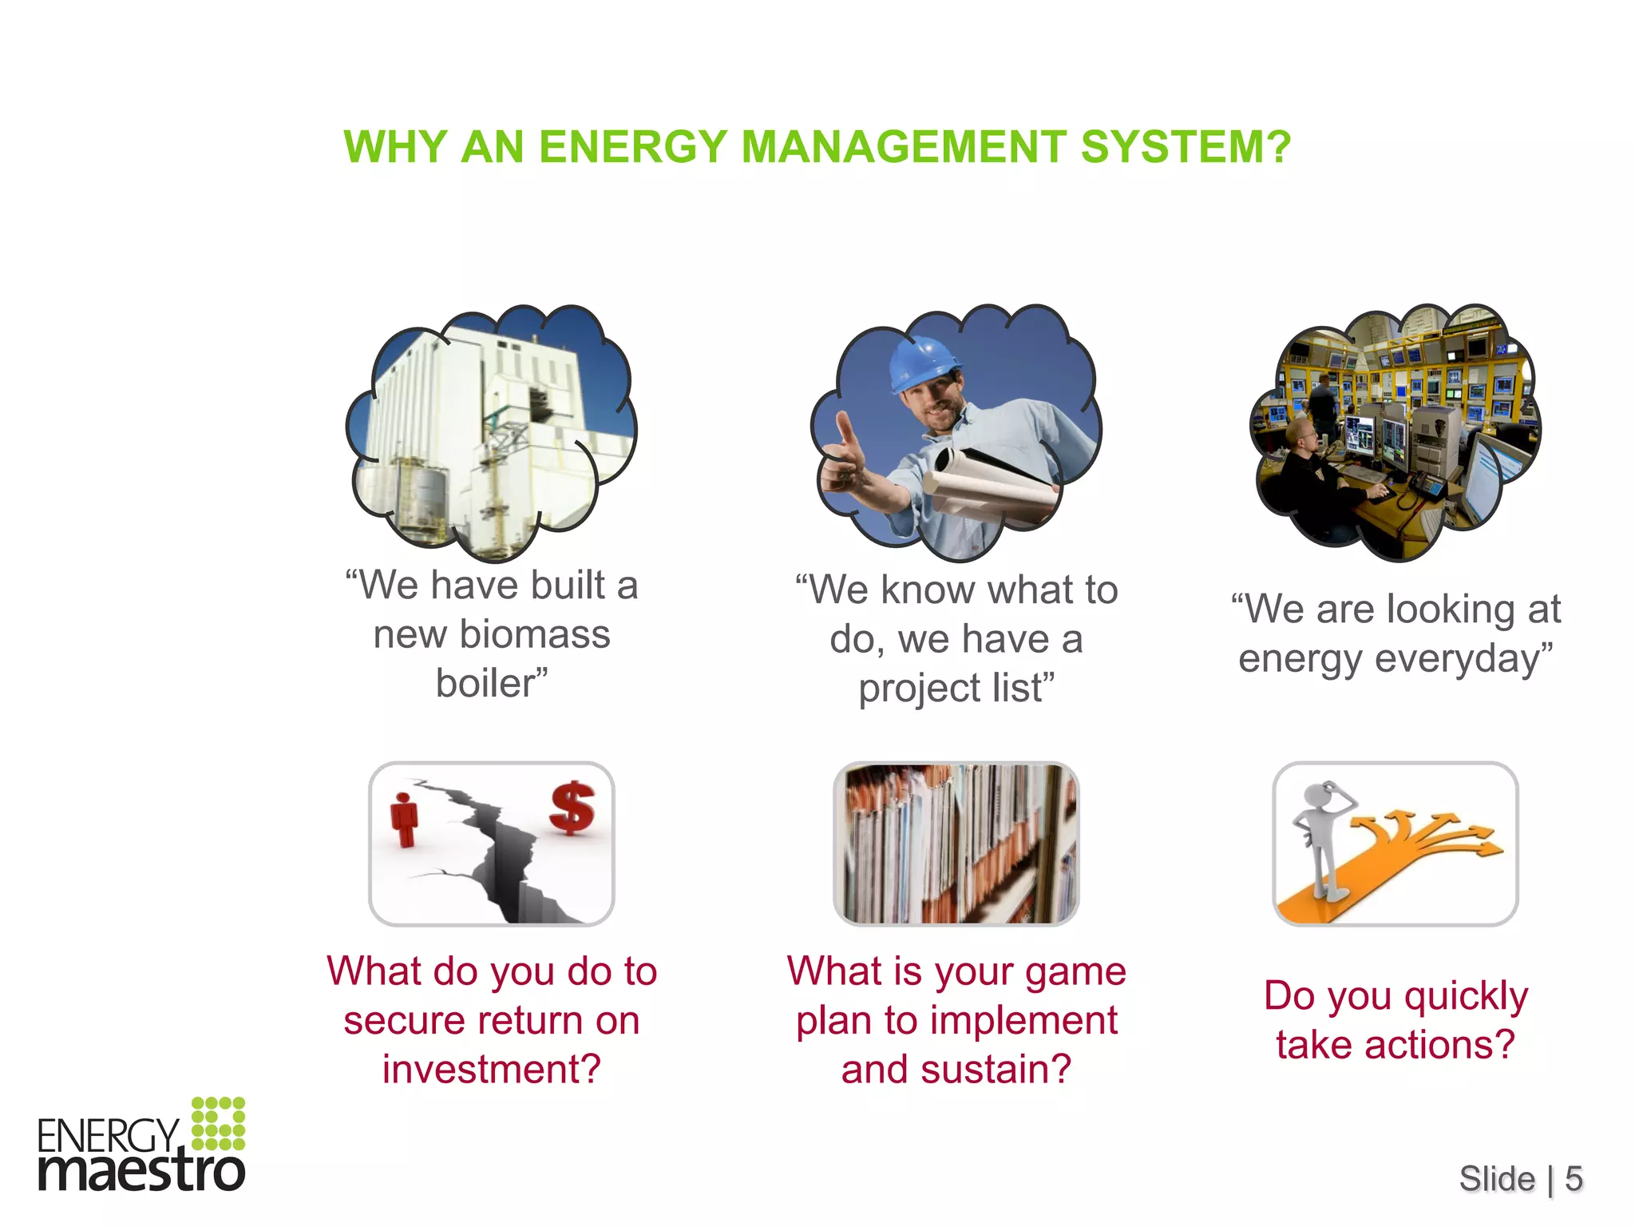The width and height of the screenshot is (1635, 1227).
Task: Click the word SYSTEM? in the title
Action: (x=1186, y=147)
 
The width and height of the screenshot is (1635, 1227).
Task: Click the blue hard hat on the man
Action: (x=924, y=363)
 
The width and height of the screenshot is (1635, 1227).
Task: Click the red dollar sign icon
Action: (x=572, y=808)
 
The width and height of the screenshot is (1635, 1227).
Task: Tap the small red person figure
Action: (x=405, y=820)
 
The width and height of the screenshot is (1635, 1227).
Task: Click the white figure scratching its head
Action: (x=1321, y=839)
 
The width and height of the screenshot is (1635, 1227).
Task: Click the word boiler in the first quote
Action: (x=485, y=684)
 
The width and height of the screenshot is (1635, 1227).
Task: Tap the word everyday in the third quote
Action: (x=1461, y=660)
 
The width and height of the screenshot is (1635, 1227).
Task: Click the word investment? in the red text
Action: (x=491, y=1070)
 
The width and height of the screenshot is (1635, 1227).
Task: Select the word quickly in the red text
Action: (x=1466, y=997)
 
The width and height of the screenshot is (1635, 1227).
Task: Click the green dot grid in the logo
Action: (x=218, y=1123)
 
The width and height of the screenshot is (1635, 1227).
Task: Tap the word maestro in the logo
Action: (x=141, y=1172)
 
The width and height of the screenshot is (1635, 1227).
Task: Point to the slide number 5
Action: (x=1573, y=1178)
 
